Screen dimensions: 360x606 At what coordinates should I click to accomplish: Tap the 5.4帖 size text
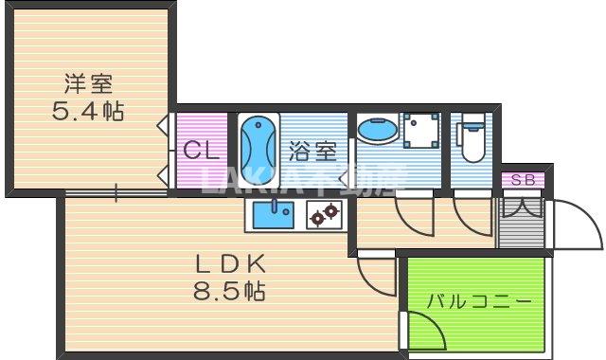pyautogui.click(x=87, y=112)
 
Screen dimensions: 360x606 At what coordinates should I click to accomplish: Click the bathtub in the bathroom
pyautogui.click(x=258, y=148)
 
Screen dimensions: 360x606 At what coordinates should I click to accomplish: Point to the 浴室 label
pyautogui.click(x=313, y=149)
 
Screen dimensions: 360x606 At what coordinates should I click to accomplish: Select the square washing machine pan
pyautogui.click(x=420, y=133)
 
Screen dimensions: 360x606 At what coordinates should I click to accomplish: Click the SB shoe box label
pyautogui.click(x=522, y=180)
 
